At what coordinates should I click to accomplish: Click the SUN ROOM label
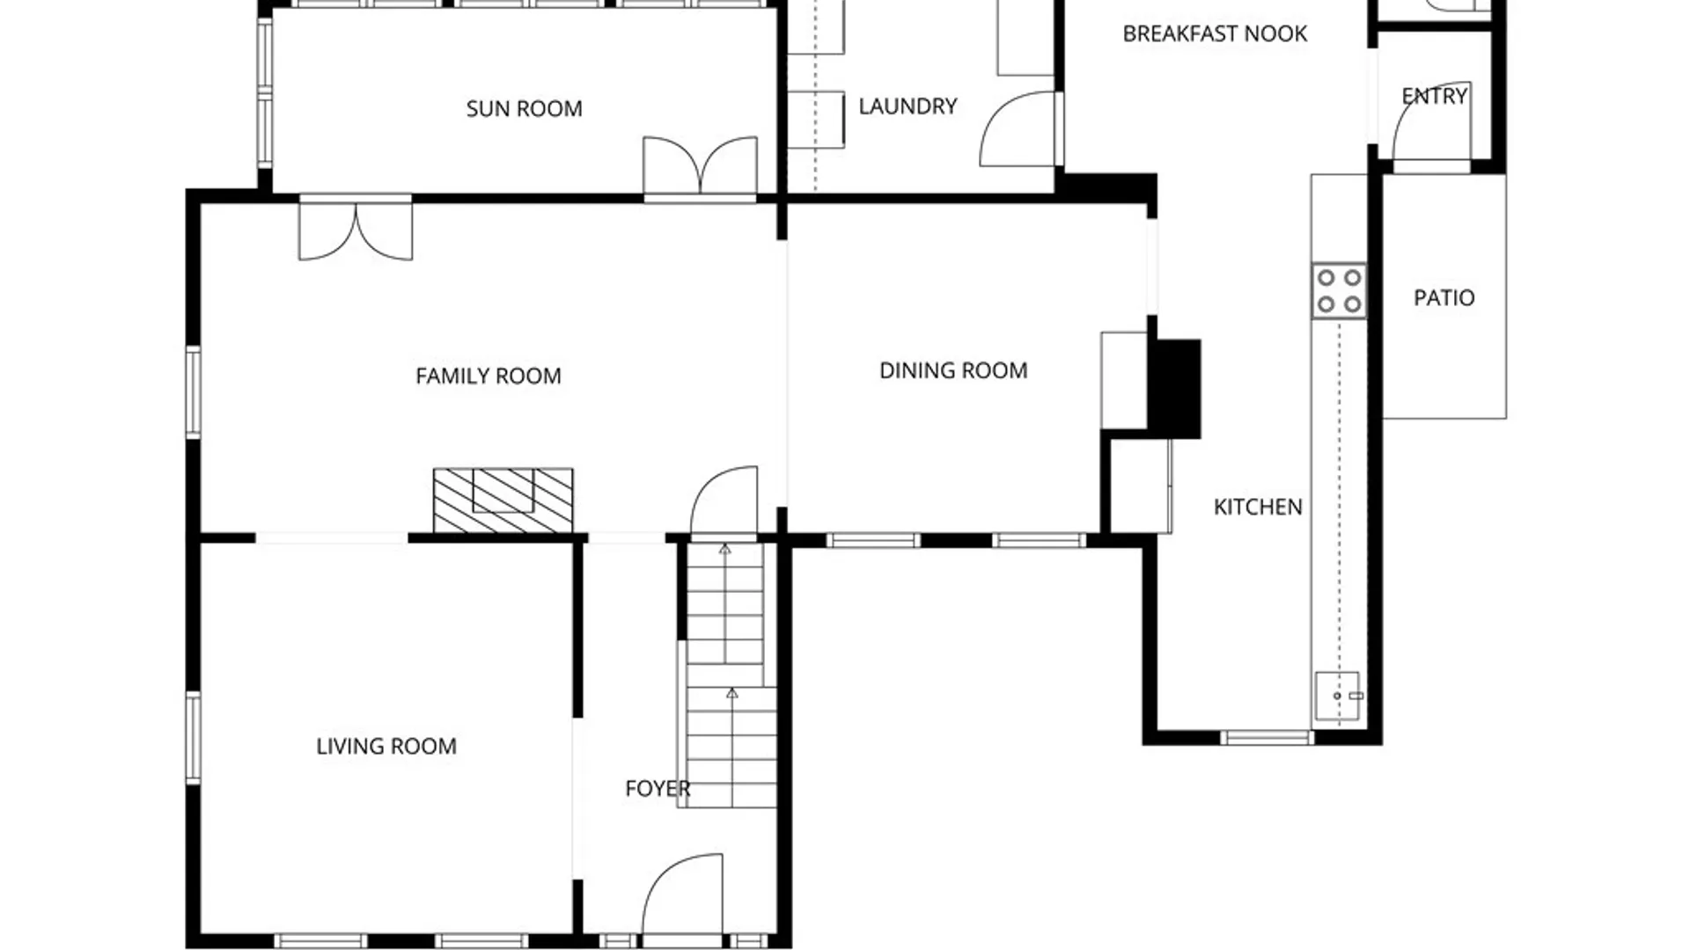(x=524, y=108)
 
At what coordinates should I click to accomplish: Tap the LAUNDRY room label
(x=907, y=106)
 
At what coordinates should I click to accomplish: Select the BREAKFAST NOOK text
(x=1215, y=33)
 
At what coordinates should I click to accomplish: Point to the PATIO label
(x=1444, y=297)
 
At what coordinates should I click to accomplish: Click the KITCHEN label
(x=1258, y=507)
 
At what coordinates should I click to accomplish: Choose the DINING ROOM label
(x=953, y=370)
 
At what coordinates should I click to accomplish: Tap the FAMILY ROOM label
(x=489, y=376)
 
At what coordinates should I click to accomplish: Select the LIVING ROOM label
(x=386, y=746)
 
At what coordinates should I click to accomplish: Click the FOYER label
(x=658, y=788)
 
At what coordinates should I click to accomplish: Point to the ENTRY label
(x=1435, y=96)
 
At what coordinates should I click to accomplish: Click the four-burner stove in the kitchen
(x=1339, y=291)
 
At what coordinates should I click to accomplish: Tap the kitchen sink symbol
(x=1338, y=696)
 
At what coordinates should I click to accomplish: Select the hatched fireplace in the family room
(x=503, y=501)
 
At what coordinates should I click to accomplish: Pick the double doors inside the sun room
(x=700, y=167)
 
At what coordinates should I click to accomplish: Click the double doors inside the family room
(x=356, y=230)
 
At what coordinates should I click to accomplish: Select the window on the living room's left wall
(x=193, y=737)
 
